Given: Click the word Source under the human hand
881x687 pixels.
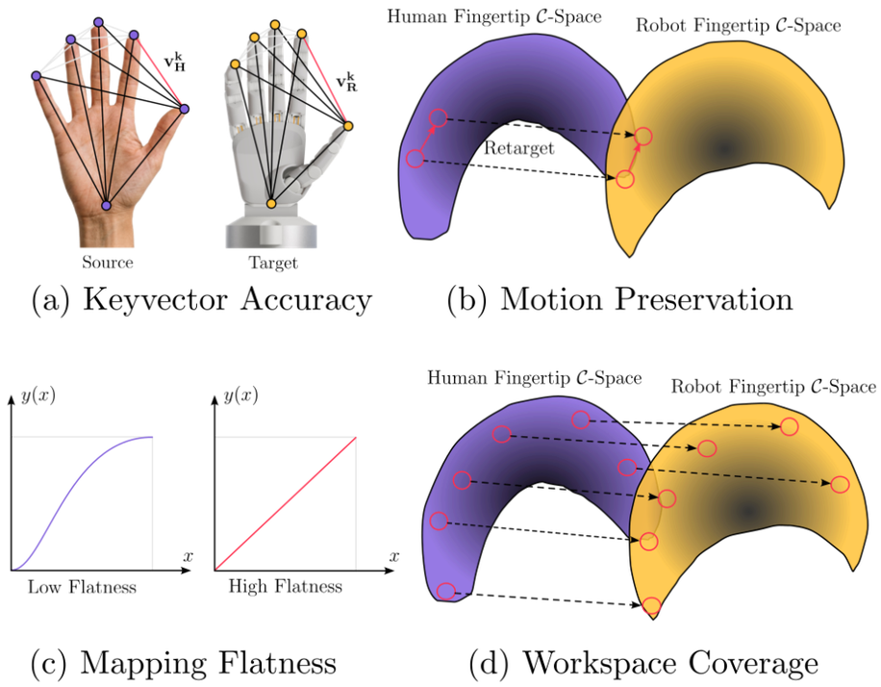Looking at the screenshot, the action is click(x=108, y=263).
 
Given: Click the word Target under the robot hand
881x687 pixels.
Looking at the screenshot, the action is click(x=273, y=263).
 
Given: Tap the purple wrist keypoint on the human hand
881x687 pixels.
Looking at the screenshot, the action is click(x=106, y=206).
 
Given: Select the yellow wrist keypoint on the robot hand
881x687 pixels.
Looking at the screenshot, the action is click(x=271, y=204).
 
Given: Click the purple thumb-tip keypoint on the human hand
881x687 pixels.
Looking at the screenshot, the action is click(x=185, y=109).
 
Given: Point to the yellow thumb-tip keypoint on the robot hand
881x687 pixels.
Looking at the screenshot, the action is click(x=348, y=126).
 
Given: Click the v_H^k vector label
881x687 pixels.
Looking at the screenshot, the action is click(x=175, y=62).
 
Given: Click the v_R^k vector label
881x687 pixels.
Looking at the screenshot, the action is click(x=346, y=82).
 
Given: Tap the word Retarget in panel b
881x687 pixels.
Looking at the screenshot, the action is click(x=519, y=148).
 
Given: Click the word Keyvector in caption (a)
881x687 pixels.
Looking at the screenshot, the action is click(x=156, y=299).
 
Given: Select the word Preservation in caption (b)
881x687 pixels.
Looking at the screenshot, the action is click(x=704, y=298).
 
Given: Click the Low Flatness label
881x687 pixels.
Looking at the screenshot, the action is click(x=82, y=588).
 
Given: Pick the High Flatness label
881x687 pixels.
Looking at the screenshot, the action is click(x=286, y=586).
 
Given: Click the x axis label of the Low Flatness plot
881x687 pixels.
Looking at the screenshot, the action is click(x=188, y=556).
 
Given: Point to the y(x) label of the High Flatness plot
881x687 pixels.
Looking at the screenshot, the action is click(x=240, y=395).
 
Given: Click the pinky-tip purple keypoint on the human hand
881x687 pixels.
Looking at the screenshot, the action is click(x=36, y=75).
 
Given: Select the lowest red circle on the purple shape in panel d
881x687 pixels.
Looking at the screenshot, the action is click(x=446, y=592).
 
